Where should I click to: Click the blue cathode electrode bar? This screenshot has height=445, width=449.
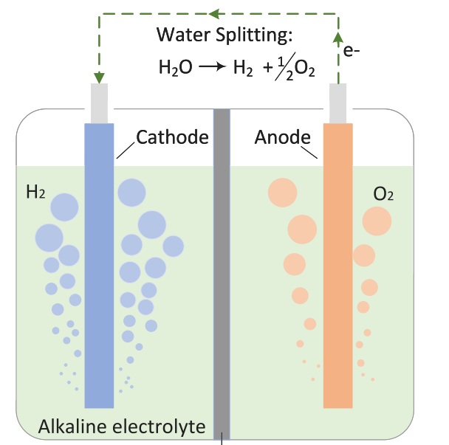99,266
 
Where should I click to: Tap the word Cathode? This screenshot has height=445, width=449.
172,137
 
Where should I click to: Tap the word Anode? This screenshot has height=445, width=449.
281,137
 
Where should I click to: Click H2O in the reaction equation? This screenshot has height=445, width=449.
176,68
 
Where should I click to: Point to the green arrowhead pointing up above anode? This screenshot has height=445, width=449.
338,37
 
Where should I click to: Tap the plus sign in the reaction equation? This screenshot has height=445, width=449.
264,68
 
